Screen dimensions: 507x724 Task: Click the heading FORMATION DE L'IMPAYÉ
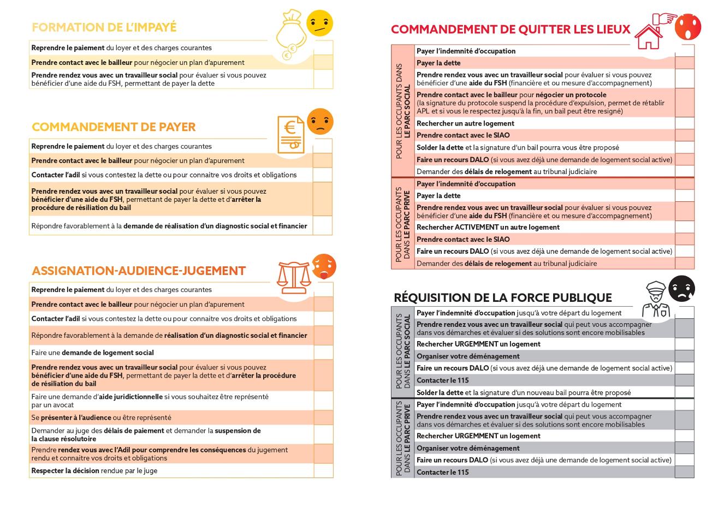(x=104, y=27)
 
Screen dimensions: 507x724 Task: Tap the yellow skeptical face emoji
(x=319, y=23)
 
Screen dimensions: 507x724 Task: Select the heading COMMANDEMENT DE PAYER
(x=114, y=127)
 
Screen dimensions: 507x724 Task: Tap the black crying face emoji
(x=681, y=289)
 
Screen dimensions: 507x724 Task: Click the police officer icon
(x=655, y=299)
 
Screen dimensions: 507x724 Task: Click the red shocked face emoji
(x=687, y=27)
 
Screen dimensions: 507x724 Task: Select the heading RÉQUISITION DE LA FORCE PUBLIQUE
(x=502, y=298)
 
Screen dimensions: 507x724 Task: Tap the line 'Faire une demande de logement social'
(x=92, y=353)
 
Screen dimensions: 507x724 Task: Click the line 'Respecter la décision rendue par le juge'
(x=94, y=470)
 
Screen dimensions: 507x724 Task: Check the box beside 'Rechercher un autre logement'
(x=685, y=123)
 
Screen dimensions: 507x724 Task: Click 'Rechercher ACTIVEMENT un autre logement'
(x=488, y=228)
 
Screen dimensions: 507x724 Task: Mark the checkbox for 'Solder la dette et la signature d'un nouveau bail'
(x=685, y=392)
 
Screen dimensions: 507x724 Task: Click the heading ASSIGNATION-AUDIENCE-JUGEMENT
(x=139, y=271)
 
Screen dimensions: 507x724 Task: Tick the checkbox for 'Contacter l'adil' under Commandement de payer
(x=323, y=175)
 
